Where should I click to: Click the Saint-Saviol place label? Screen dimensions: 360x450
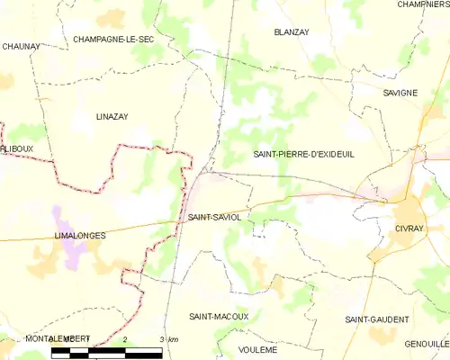click(214, 218)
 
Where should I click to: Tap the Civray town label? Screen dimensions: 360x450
click(408, 229)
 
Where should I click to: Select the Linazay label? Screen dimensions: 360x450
click(113, 117)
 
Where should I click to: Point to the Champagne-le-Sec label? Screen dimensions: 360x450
click(113, 40)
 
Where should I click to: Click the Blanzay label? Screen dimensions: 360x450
click(291, 31)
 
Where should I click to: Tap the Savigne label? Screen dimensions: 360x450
click(399, 93)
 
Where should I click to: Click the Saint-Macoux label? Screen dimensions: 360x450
click(219, 318)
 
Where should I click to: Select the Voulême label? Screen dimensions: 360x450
click(257, 348)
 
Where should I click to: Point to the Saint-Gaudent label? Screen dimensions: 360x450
click(376, 319)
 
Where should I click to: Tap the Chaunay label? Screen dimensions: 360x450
click(20, 46)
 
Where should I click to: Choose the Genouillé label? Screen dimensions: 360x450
click(427, 345)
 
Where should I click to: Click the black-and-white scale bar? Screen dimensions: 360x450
click(106, 351)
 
